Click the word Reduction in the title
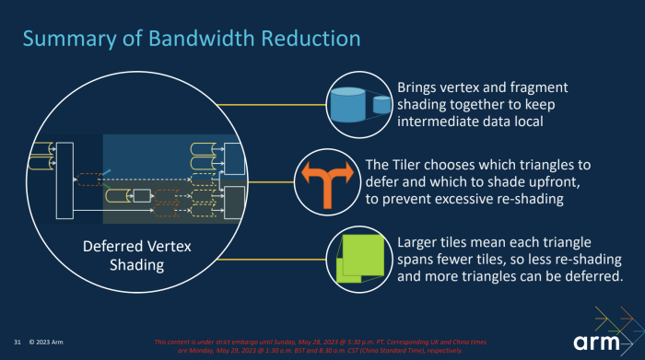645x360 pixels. [308, 38]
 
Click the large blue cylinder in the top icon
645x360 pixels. [347, 104]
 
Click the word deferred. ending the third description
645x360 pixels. [589, 275]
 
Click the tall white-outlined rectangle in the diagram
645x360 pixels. [64, 180]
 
